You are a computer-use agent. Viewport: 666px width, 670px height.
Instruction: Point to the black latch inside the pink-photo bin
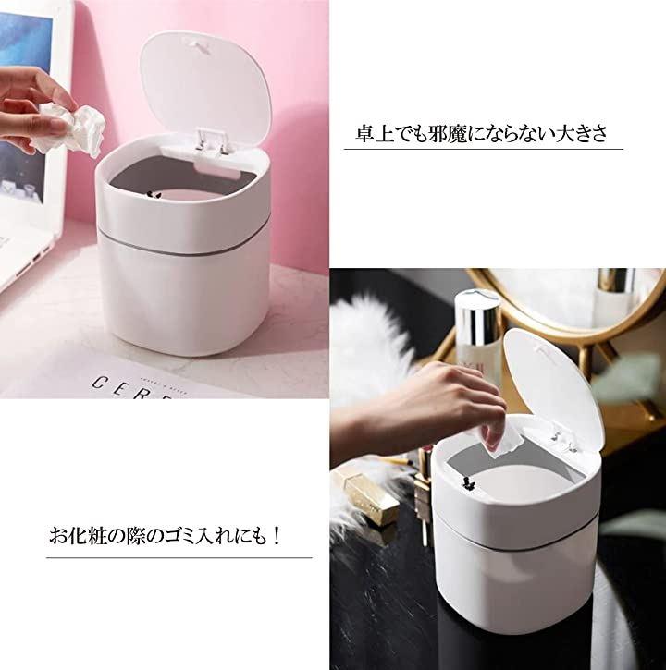(153, 195)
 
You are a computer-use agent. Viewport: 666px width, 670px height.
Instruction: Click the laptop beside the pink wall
(29, 141)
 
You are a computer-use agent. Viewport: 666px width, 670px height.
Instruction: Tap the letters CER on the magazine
(129, 387)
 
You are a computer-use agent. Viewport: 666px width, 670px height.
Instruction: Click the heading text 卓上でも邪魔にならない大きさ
(481, 134)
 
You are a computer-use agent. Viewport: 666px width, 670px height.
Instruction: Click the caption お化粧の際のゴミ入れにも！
(165, 536)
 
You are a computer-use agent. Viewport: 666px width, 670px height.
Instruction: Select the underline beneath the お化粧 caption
(179, 557)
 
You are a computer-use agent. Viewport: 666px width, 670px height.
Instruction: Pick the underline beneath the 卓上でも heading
(484, 149)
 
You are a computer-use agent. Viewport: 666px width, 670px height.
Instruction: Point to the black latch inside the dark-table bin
(469, 482)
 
